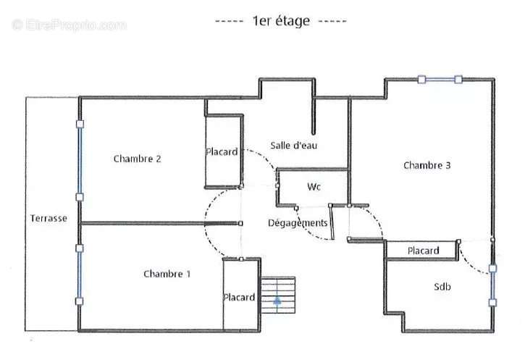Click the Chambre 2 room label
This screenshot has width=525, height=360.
coord(138,159)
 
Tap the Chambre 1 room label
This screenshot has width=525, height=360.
coord(167,274)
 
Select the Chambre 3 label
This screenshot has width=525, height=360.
coord(427,165)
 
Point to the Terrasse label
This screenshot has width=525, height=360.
coord(49,218)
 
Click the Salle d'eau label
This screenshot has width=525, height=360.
coord(294,146)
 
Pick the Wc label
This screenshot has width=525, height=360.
coord(314,187)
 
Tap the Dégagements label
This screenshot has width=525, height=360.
coord(298,223)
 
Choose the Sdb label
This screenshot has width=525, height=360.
coord(442,287)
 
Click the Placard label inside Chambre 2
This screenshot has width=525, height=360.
coord(222,151)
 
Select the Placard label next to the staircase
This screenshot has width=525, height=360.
coord(239,298)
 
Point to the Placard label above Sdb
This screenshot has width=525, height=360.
coord(423,251)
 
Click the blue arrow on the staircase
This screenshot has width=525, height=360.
coord(277,300)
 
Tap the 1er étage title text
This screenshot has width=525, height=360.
coord(281,21)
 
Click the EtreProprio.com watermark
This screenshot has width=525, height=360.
coord(69,25)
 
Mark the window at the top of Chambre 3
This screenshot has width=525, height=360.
coord(440,80)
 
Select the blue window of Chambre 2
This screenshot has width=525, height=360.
coord(80,160)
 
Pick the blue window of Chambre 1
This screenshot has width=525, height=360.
coord(80,275)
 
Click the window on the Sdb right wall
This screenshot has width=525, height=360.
coord(492,285)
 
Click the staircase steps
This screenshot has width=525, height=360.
coord(278,295)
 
